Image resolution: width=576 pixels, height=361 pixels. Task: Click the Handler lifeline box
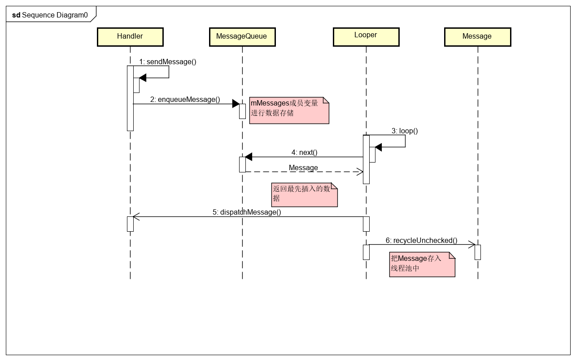pos(130,37)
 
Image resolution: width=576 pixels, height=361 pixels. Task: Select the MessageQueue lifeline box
pos(242,37)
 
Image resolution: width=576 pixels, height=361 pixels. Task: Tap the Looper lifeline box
pos(366,37)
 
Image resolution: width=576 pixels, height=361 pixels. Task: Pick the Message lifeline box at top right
pos(477,37)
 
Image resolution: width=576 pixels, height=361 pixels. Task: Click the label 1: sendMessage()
pos(168,62)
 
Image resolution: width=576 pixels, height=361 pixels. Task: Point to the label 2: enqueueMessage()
pos(185,100)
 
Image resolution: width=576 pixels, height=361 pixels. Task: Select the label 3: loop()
pos(404,131)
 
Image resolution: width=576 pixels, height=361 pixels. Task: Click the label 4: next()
pos(304,153)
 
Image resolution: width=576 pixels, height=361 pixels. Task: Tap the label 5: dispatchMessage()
pos(247,212)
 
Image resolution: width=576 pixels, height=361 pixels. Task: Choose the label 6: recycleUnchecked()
pos(421,241)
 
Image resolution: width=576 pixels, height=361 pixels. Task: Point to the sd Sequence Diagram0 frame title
pos(50,15)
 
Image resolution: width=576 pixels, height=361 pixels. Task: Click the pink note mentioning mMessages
pos(289,110)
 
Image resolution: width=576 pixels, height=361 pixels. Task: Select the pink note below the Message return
pos(305,194)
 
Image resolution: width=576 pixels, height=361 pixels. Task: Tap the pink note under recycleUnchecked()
pos(422,264)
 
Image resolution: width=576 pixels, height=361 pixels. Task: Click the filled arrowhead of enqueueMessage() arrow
pos(236,104)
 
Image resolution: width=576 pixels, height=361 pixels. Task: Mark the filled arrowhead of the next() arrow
pos(249,157)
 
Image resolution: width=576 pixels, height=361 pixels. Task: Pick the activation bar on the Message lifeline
pos(478,252)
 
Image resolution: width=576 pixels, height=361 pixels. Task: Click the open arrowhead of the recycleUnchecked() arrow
pos(472,245)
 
